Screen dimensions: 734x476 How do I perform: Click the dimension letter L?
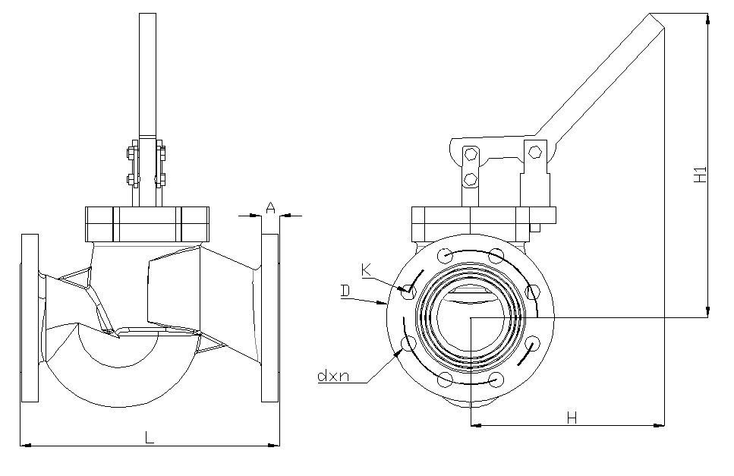pyautogui.click(x=150, y=437)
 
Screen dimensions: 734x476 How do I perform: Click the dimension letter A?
pyautogui.click(x=270, y=207)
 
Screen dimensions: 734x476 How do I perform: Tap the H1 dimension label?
pyautogui.click(x=700, y=175)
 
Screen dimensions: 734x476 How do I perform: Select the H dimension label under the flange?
pyautogui.click(x=572, y=418)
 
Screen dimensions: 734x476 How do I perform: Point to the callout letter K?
pyautogui.click(x=366, y=270)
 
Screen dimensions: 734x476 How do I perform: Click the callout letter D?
pyautogui.click(x=345, y=291)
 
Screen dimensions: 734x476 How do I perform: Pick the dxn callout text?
pyautogui.click(x=333, y=375)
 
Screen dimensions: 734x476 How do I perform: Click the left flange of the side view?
pyautogui.click(x=30, y=318)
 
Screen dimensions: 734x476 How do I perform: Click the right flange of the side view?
pyautogui.click(x=270, y=318)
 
